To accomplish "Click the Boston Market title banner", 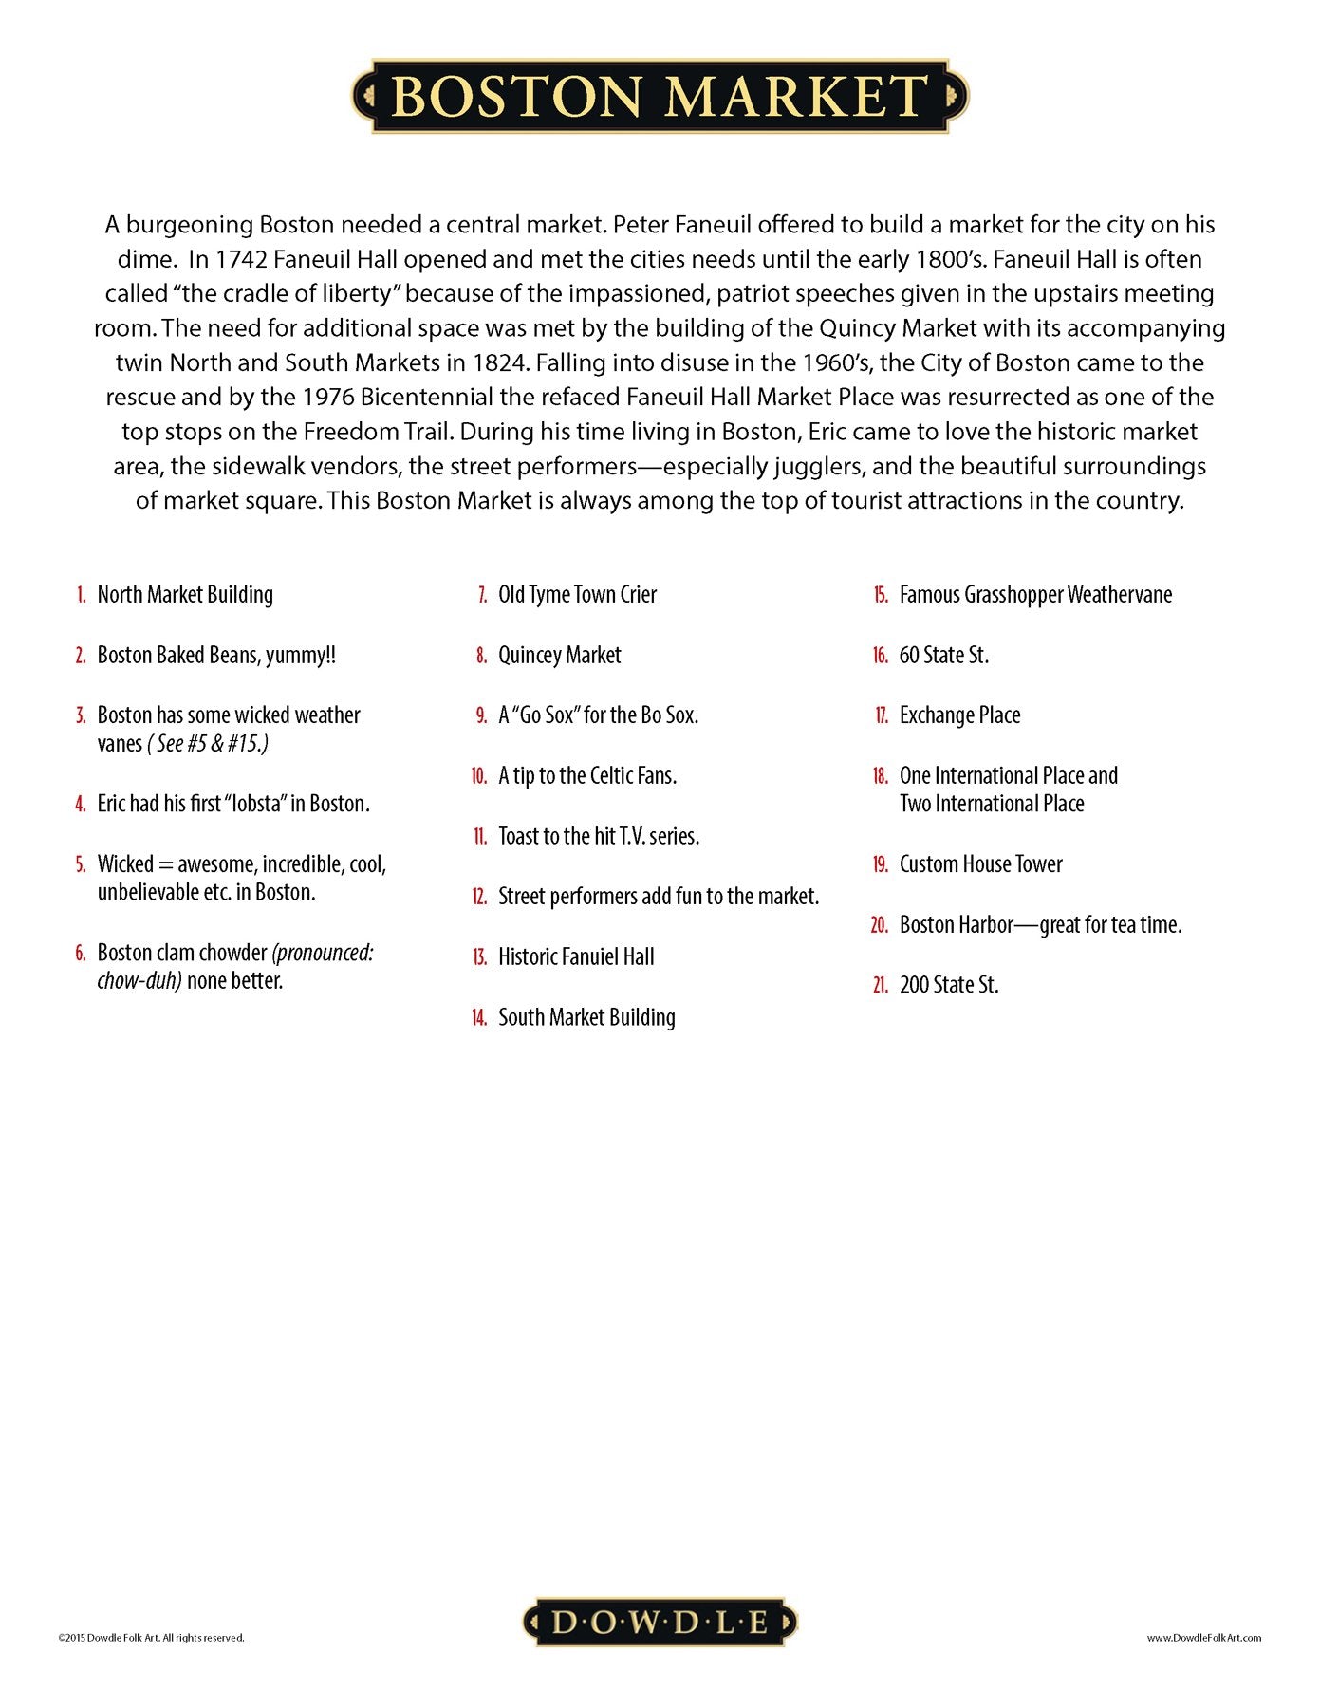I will tap(660, 96).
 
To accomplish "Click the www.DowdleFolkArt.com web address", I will tap(1203, 1637).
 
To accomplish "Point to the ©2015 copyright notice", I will tap(151, 1637).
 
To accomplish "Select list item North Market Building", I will tap(185, 595).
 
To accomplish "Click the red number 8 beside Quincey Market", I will tap(482, 656).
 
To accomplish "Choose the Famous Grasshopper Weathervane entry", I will tap(1035, 595).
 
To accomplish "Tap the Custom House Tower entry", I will tap(980, 864).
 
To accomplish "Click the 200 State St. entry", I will tap(949, 985).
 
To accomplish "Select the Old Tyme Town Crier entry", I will tap(577, 595).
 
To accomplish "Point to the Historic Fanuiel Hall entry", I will tap(576, 956).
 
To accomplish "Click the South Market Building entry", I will tap(586, 1017).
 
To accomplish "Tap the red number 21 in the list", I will tap(881, 986).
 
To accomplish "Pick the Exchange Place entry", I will tap(959, 715).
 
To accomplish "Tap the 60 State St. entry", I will tap(943, 656).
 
